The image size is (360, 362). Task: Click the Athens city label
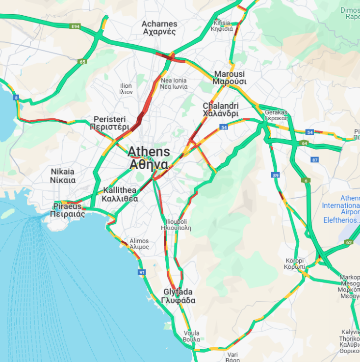(149, 157)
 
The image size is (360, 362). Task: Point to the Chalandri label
(221, 109)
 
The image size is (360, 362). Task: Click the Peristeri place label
(109, 123)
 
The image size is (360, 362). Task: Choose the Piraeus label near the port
(69, 210)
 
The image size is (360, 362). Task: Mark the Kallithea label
(120, 195)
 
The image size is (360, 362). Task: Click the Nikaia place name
(63, 176)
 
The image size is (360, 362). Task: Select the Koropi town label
(295, 264)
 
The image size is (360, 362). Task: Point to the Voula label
(191, 336)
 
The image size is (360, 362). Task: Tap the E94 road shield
(75, 26)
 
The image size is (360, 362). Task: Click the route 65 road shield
(82, 62)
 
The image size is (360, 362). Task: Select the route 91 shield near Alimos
(142, 272)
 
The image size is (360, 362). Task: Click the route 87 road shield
(315, 160)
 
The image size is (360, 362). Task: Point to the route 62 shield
(349, 242)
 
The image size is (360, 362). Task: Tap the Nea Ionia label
(173, 83)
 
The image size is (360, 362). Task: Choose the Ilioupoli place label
(175, 225)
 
